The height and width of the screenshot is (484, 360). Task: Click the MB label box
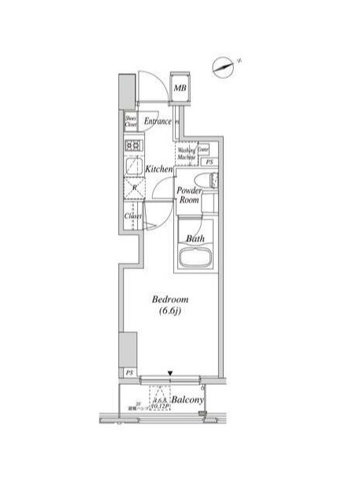click(x=180, y=88)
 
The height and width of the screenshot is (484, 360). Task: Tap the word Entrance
click(x=158, y=121)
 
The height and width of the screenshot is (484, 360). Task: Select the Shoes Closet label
click(x=131, y=121)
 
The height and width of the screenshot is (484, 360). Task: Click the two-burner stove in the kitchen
click(x=132, y=146)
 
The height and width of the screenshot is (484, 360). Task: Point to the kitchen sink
click(x=132, y=167)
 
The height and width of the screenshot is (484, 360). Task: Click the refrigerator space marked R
click(x=132, y=189)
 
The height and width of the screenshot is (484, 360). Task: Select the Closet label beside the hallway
click(x=132, y=216)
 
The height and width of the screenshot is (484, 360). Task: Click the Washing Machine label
click(x=186, y=153)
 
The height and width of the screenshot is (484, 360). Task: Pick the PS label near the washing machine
click(x=209, y=162)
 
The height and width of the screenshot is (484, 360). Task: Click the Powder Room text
click(x=189, y=196)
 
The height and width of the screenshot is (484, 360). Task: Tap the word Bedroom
click(x=169, y=301)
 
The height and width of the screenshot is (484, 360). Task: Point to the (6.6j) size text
click(x=169, y=314)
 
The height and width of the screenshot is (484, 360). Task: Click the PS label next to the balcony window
click(x=128, y=372)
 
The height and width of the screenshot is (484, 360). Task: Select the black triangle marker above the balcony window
click(x=169, y=373)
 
